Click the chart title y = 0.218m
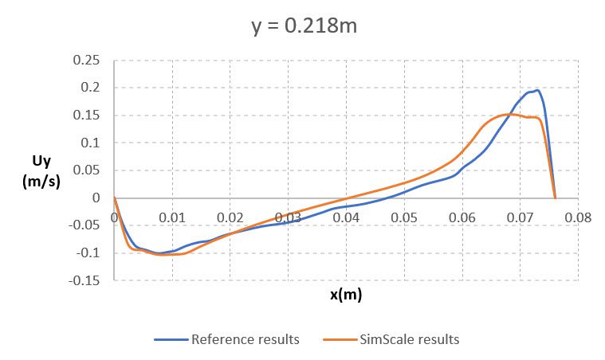[x=303, y=27]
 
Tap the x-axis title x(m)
[x=346, y=295]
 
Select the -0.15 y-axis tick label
[x=84, y=280]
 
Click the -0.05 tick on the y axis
[x=84, y=225]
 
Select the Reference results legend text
[x=245, y=339]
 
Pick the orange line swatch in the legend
[x=338, y=340]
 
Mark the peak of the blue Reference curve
[x=538, y=90]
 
